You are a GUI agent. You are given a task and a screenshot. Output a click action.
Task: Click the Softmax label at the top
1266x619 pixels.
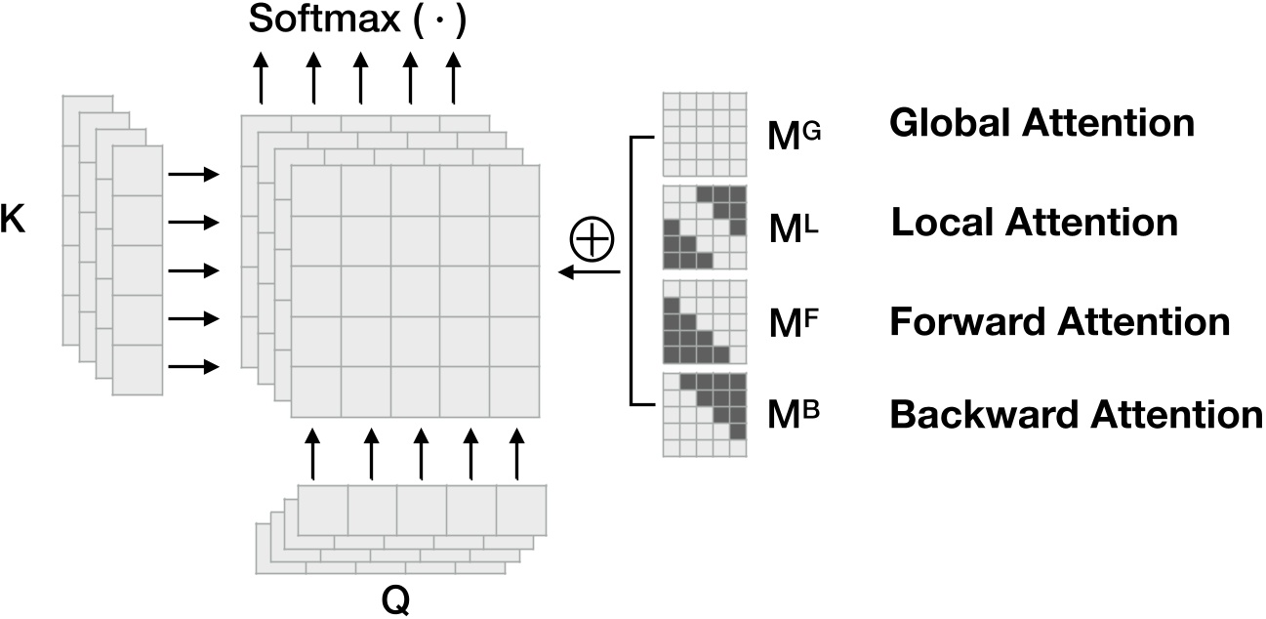click(357, 21)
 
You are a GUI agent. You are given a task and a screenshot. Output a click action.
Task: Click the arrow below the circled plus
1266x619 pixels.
click(590, 272)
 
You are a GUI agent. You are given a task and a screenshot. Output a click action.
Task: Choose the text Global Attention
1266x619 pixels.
click(1041, 124)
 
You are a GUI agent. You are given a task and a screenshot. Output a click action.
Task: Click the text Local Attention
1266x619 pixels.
click(1034, 223)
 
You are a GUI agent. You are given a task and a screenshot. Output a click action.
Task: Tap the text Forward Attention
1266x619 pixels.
click(1059, 321)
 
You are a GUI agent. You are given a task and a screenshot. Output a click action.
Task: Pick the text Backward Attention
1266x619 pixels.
click(1076, 415)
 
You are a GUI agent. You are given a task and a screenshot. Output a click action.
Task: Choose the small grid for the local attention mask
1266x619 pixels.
click(704, 227)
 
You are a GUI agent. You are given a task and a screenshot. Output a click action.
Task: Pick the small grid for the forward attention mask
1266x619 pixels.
click(704, 320)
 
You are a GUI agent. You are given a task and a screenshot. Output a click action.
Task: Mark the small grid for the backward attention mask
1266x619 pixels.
click(704, 414)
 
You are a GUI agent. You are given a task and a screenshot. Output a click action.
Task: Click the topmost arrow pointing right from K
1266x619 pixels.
click(193, 175)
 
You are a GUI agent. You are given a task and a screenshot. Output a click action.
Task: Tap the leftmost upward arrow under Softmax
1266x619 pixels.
click(262, 79)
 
